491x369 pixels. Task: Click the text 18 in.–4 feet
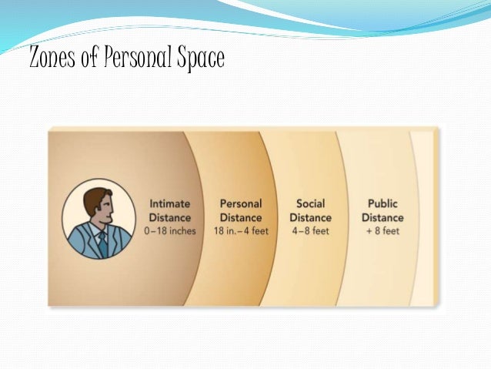pos(241,230)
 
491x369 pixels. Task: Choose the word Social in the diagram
pos(310,204)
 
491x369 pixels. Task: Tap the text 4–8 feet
pos(310,230)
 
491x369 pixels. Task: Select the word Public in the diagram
pos(382,204)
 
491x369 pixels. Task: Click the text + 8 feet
pos(382,230)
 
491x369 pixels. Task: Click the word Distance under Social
pos(310,217)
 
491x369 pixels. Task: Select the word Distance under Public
pos(382,217)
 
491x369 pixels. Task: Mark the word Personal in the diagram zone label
pos(241,204)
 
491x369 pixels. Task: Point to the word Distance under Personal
pos(241,217)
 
